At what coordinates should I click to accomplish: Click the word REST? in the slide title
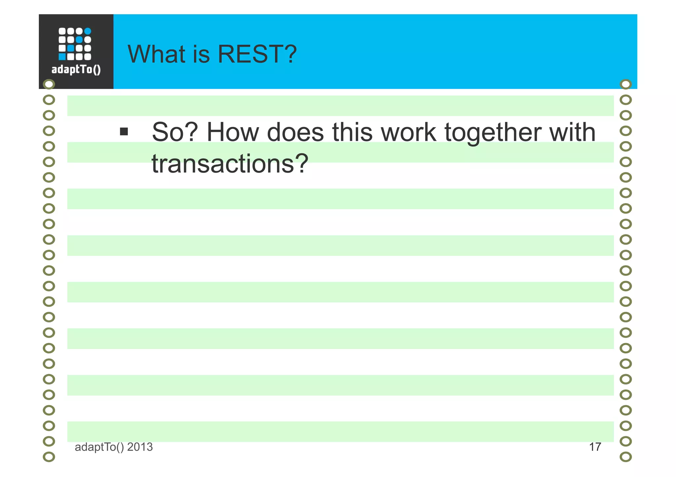pyautogui.click(x=257, y=54)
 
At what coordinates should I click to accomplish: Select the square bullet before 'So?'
pyautogui.click(x=124, y=132)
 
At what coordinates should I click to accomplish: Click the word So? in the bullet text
pyautogui.click(x=175, y=132)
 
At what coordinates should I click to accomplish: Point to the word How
pyautogui.click(x=233, y=132)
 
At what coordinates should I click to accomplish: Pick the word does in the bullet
pyautogui.click(x=295, y=132)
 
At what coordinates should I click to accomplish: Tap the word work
pyautogui.click(x=408, y=132)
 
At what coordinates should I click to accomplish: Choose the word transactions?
pyautogui.click(x=230, y=164)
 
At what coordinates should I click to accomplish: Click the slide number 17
pyautogui.click(x=595, y=447)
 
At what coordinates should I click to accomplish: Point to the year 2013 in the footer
pyautogui.click(x=140, y=447)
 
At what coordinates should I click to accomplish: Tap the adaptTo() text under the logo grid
pyautogui.click(x=76, y=70)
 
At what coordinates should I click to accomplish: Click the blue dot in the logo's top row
pyautogui.click(x=87, y=31)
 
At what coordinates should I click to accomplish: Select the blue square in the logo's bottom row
pyautogui.click(x=62, y=57)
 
